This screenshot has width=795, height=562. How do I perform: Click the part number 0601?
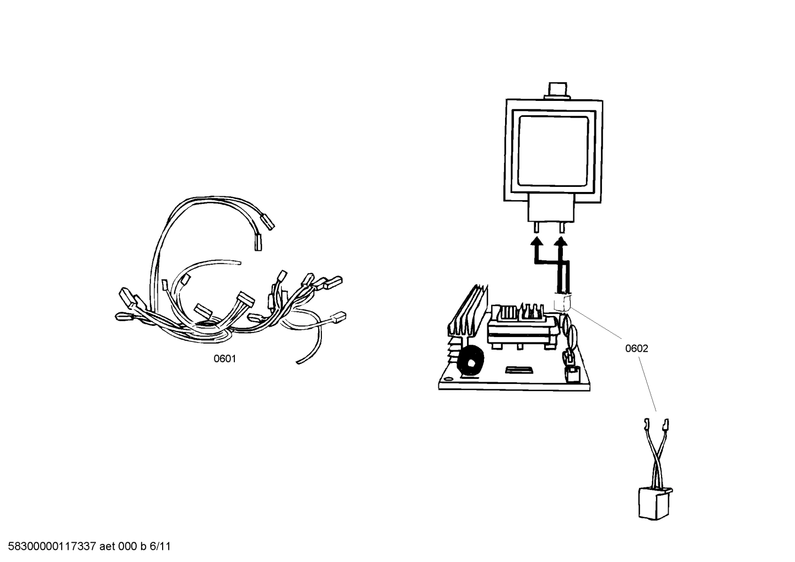224,359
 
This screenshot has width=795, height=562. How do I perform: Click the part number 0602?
636,349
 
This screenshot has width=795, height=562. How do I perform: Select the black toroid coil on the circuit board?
470,362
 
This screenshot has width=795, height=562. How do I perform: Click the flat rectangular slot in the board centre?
520,368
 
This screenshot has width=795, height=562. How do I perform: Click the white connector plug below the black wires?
562,302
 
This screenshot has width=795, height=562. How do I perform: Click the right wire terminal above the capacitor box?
666,425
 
